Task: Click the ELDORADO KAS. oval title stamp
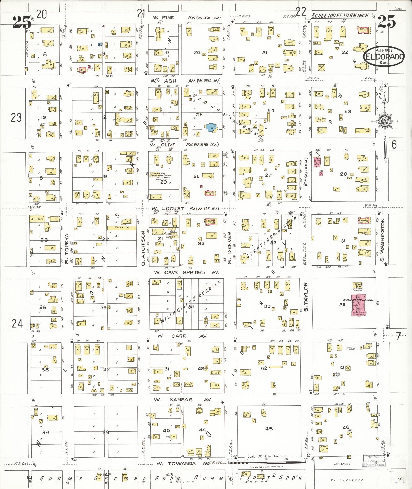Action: [x=384, y=56]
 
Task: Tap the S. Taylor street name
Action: [x=306, y=297]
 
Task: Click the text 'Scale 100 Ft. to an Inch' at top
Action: [x=340, y=16]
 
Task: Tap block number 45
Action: [x=269, y=429]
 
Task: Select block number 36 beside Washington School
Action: [x=342, y=304]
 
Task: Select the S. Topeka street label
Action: [x=67, y=245]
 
